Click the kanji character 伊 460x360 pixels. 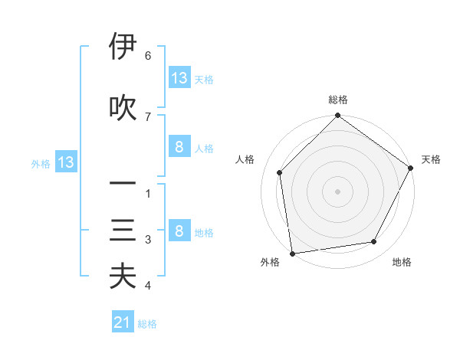pyautogui.click(x=123, y=47)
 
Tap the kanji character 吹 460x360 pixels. pyautogui.click(x=123, y=107)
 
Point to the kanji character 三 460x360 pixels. pyautogui.click(x=123, y=231)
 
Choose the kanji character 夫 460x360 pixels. pyautogui.click(x=123, y=277)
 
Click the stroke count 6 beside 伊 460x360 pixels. pyautogui.click(x=147, y=56)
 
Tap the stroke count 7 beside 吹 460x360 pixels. pyautogui.click(x=147, y=116)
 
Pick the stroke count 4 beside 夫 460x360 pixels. pyautogui.click(x=147, y=286)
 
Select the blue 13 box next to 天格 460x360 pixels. pyautogui.click(x=179, y=78)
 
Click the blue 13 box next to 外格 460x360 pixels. pyautogui.click(x=65, y=162)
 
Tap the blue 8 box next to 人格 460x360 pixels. pyautogui.click(x=179, y=147)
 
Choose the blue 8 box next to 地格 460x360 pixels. pyautogui.click(x=179, y=231)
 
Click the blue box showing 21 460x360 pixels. pyautogui.click(x=122, y=322)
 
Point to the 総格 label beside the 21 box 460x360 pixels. pyautogui.click(x=147, y=324)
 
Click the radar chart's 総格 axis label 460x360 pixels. pyautogui.click(x=338, y=100)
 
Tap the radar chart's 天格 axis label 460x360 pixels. pyautogui.click(x=431, y=159)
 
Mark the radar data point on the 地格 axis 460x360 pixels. pyautogui.click(x=374, y=241)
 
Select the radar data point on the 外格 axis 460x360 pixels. pyautogui.click(x=292, y=253)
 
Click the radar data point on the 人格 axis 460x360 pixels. pyautogui.click(x=280, y=172)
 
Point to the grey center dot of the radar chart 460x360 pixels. pyautogui.click(x=337, y=191)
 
